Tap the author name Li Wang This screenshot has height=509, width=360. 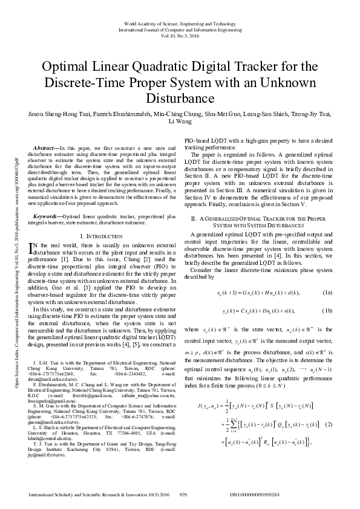[x=180, y=122]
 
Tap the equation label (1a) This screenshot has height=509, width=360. [x=327, y=293]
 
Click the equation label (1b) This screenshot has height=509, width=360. [x=327, y=311]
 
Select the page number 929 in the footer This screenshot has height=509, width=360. [x=183, y=493]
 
